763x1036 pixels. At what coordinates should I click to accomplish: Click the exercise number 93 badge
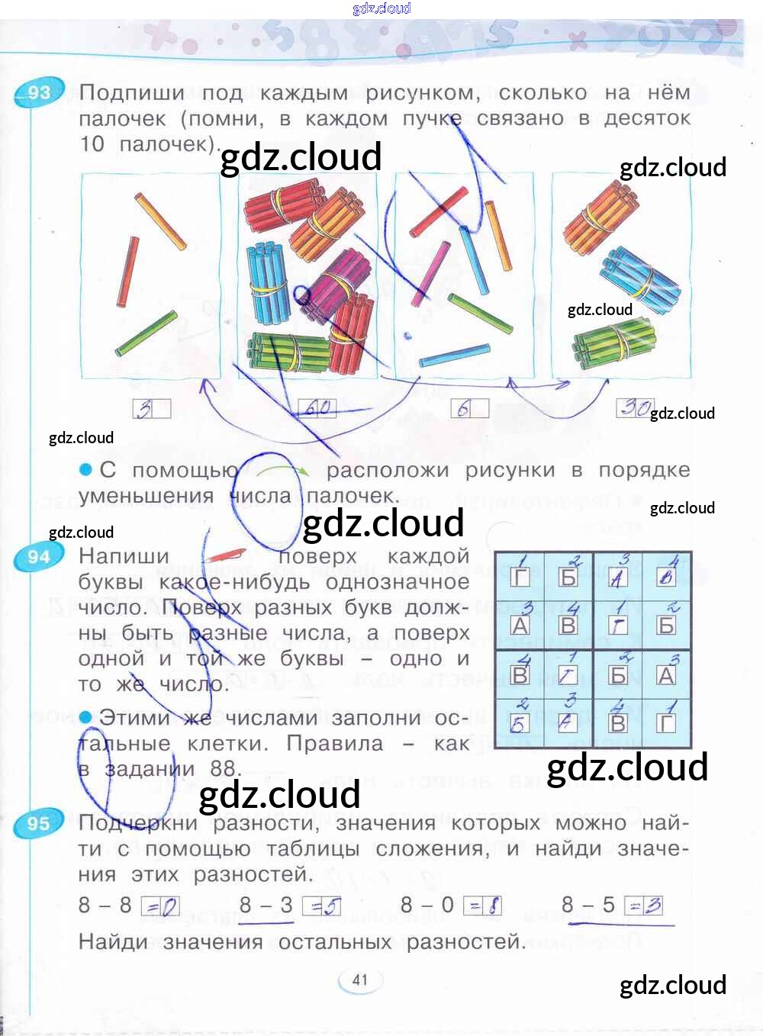[37, 93]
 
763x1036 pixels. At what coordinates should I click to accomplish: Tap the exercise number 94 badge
[37, 557]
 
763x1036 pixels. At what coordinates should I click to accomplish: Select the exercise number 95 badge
[37, 824]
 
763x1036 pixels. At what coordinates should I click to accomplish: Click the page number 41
[360, 980]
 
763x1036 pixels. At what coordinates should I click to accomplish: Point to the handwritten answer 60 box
[317, 408]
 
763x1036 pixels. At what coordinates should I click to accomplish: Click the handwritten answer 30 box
[635, 408]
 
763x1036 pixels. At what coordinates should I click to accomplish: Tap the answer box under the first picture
[151, 409]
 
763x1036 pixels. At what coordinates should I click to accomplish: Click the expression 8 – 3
[266, 906]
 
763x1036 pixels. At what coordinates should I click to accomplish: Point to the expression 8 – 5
[588, 906]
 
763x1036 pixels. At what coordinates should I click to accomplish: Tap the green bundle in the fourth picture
[613, 343]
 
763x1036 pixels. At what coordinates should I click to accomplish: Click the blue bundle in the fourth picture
[639, 278]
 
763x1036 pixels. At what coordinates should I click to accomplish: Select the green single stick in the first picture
[146, 334]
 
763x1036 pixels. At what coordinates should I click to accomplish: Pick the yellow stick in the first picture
[160, 221]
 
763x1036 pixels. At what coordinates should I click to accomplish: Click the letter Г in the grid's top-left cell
[520, 578]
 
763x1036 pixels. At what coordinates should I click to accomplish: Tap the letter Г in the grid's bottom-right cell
[666, 722]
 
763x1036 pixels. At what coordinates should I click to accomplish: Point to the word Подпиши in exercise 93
[131, 93]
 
